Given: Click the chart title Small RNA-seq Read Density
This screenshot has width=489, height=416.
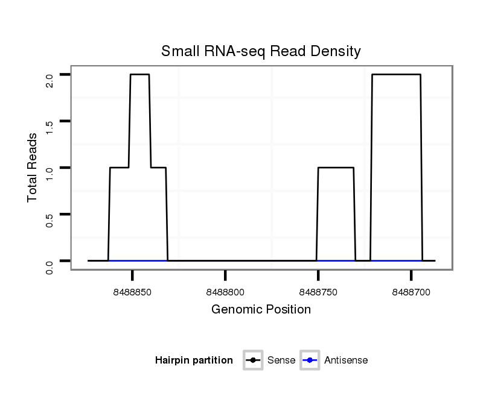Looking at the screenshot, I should click(261, 51).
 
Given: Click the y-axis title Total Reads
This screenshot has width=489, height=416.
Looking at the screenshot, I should click(33, 167).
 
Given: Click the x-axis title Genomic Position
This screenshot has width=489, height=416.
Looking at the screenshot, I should click(261, 310).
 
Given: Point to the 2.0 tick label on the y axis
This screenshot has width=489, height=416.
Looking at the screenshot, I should click(50, 80).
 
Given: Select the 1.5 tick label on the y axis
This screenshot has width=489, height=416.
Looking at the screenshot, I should click(50, 127).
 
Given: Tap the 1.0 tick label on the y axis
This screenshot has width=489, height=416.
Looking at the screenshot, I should click(50, 173).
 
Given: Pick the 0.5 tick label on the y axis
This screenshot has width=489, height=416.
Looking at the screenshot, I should click(50, 219).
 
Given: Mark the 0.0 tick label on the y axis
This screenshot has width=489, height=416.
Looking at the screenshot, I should click(50, 266).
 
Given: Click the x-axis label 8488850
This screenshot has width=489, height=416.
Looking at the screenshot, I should click(132, 292).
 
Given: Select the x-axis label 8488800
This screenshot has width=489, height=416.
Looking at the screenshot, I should click(225, 292).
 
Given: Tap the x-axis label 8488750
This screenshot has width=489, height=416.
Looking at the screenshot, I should click(318, 292).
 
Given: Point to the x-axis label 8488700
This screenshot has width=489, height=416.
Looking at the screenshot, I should click(411, 292).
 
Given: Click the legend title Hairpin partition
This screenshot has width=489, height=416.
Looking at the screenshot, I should click(194, 361).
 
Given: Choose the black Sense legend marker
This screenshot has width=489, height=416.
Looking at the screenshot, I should click(253, 361).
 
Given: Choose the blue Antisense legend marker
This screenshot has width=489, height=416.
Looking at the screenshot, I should click(310, 361).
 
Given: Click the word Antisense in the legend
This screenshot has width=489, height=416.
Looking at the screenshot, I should click(346, 361).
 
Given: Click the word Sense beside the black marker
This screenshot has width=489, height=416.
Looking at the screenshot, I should click(281, 361).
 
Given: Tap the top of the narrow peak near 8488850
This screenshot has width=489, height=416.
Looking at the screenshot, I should click(139, 75).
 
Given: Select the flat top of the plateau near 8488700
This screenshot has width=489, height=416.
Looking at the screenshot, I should click(396, 75).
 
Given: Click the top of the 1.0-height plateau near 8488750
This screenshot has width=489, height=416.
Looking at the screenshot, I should click(336, 168).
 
